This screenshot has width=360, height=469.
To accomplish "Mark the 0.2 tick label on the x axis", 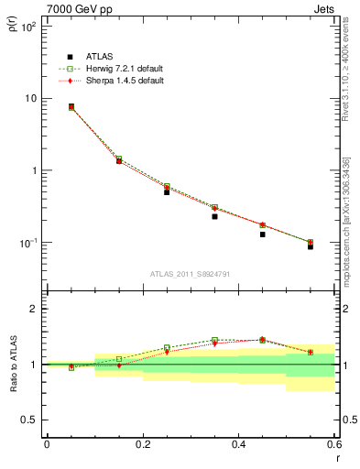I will [x=142, y=443].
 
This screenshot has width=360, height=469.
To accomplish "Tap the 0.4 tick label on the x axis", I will [x=238, y=443].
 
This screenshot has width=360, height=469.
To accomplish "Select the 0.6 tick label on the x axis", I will [x=333, y=443].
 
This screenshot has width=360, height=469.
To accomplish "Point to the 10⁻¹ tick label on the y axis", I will [x=28, y=243].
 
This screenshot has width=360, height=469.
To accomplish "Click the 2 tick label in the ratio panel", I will [x=33, y=309].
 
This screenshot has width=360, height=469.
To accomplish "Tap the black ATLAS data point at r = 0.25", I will [x=167, y=191].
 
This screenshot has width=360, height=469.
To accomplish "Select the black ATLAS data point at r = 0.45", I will [x=262, y=234].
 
